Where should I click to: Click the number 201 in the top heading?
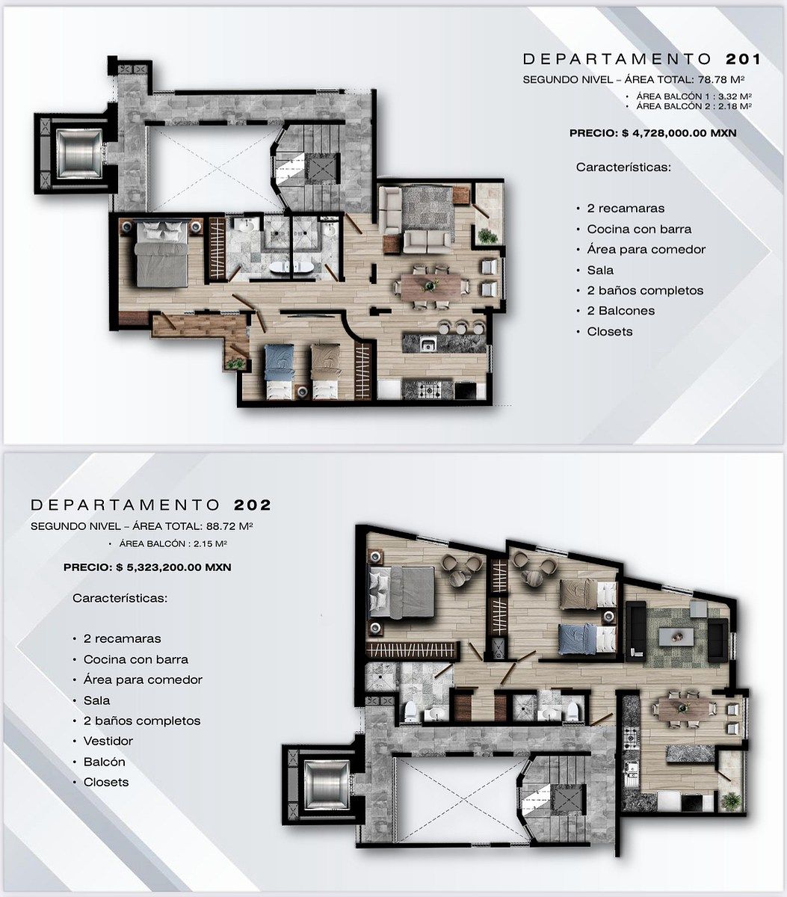point(743,59)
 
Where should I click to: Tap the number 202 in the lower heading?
point(253,505)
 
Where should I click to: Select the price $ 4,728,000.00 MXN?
point(679,133)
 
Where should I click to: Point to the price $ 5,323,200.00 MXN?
point(173,567)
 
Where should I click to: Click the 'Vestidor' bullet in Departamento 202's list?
point(108,741)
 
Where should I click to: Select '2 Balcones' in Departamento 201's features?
point(620,310)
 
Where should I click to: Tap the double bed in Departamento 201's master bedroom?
point(161,254)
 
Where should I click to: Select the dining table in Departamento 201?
point(430,286)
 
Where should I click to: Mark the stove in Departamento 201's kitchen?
point(428,390)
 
